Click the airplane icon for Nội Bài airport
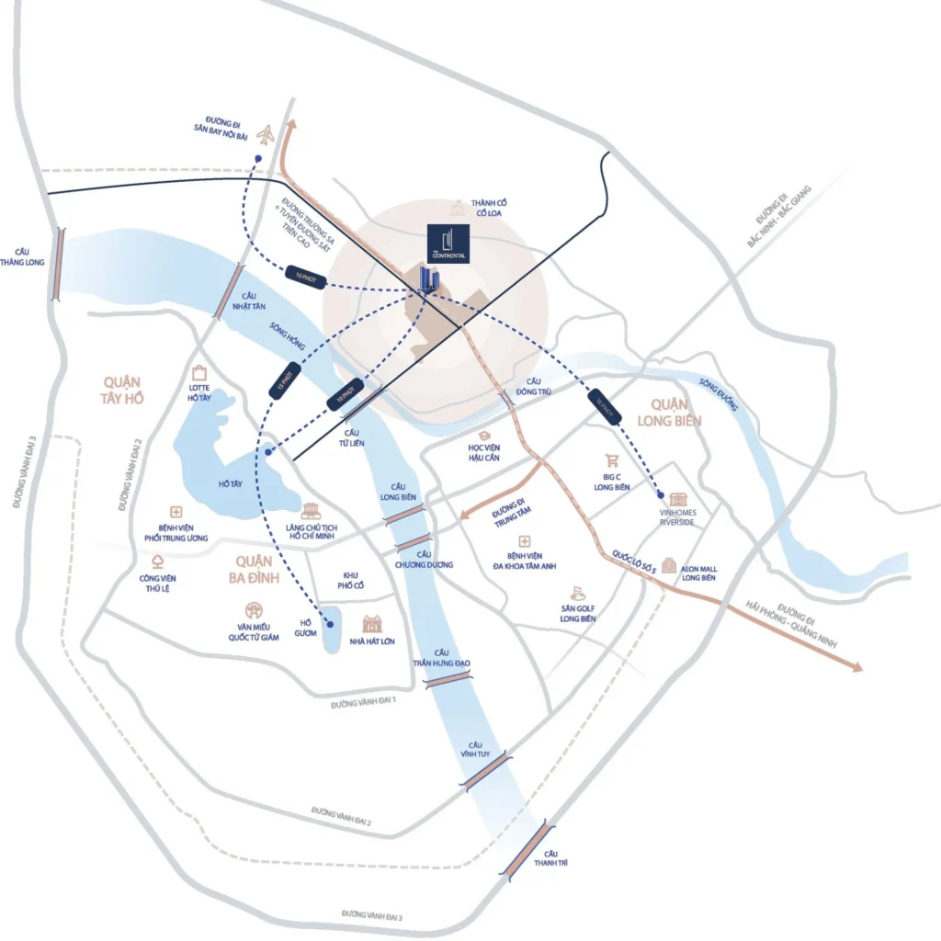pos(266,136)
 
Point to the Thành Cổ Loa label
pos(489,208)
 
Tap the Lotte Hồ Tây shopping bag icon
pos(200,372)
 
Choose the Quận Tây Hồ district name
pos(122,390)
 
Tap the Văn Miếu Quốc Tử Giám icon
pos(253,610)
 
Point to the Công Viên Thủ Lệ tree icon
pos(157,561)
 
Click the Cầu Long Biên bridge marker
pos(404,515)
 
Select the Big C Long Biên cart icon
pos(611,461)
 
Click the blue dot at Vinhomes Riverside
pos(661,494)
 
